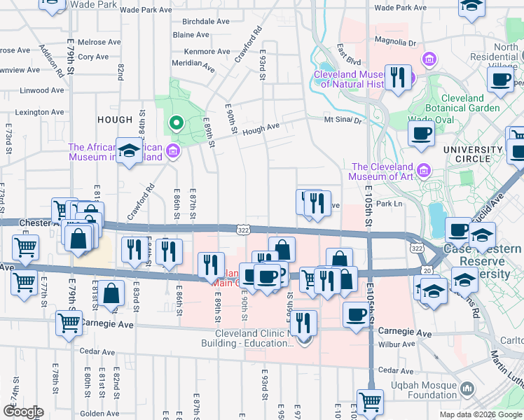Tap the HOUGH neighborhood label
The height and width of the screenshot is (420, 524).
coord(115,120)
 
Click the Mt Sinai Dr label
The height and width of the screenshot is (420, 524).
coord(343,120)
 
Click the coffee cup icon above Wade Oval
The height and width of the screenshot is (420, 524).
coord(421,133)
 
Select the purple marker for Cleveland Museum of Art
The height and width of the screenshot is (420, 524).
coord(423,171)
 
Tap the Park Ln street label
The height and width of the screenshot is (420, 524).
coord(390,204)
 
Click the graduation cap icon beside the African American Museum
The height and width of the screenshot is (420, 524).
coord(129,150)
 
